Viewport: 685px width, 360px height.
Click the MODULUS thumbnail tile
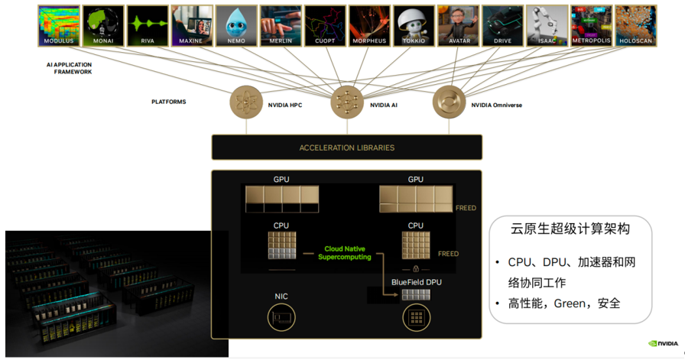click(59, 26)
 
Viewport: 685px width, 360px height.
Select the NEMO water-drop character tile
click(236, 26)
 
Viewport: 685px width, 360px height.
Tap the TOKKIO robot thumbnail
click(414, 26)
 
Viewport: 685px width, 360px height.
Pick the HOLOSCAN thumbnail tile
click(635, 26)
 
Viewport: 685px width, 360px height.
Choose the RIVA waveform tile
click(148, 26)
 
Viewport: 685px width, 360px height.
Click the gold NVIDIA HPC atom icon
click(246, 102)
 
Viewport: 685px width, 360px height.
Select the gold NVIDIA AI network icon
click(347, 102)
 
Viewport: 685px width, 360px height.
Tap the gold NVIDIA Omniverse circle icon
click(449, 102)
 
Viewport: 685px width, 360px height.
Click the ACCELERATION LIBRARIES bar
click(347, 148)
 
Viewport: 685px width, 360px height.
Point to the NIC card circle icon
click(281, 317)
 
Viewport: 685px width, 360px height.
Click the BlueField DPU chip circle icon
click(417, 317)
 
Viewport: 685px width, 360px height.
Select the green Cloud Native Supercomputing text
click(345, 253)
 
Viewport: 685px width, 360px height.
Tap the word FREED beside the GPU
click(466, 208)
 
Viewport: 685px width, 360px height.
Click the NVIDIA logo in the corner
click(664, 343)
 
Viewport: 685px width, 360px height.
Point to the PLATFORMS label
click(169, 102)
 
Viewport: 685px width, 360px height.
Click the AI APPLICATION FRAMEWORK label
click(70, 68)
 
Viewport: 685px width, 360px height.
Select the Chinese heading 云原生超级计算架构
click(570, 229)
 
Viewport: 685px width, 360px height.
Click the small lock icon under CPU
click(416, 269)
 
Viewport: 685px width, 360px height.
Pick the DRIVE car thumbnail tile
click(502, 26)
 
